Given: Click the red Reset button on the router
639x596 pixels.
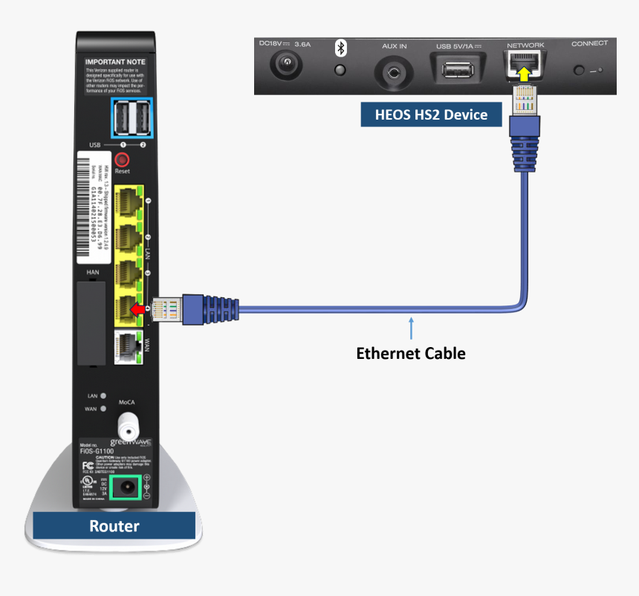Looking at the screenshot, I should pos(123,159).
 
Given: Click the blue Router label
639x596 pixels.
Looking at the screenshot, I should pos(114,526).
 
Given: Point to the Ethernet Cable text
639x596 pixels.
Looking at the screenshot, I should pos(411,353).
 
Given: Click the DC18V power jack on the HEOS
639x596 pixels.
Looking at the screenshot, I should pos(283,68).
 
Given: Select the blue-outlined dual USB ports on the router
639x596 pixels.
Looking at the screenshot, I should pos(132,118).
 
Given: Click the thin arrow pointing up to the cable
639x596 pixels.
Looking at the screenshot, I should pos(410,328).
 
